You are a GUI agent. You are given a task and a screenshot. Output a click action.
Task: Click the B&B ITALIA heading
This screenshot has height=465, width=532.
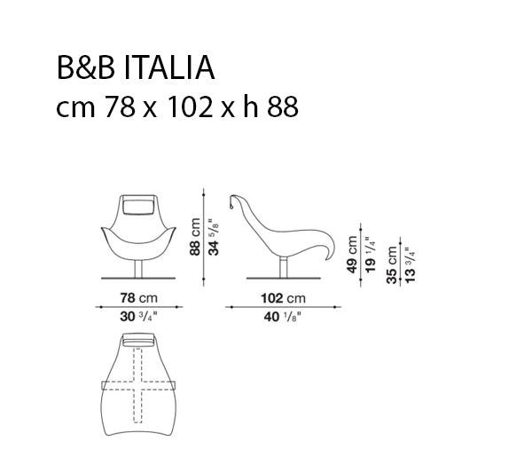(136, 68)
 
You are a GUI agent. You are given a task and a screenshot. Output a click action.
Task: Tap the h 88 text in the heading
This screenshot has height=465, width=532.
(271, 106)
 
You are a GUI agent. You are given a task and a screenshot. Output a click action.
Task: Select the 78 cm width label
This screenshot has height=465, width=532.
(139, 298)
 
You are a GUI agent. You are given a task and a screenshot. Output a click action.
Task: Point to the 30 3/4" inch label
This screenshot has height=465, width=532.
(139, 316)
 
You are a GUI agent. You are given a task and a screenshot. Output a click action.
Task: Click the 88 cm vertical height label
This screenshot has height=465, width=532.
(195, 237)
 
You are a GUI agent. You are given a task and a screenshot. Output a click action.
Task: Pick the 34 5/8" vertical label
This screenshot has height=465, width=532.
(214, 237)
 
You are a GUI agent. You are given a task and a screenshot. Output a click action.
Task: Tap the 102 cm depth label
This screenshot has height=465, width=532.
(283, 298)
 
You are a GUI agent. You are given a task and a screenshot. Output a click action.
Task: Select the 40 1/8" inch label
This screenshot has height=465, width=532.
(283, 317)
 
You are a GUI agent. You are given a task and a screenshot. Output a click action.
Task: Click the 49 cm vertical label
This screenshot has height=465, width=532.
(352, 255)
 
